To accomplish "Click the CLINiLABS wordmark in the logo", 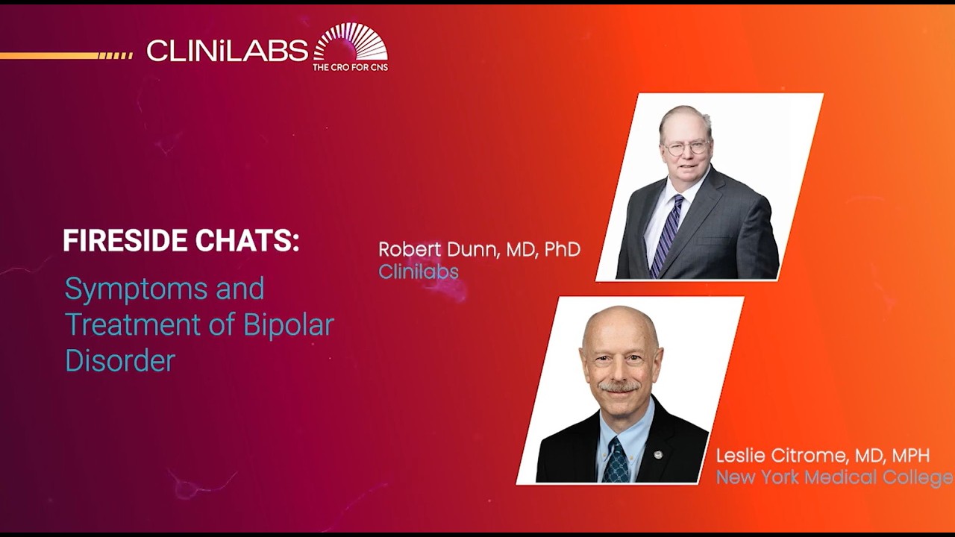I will click(227, 51).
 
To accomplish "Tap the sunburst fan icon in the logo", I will click(351, 43).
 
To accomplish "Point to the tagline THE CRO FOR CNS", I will click(350, 67).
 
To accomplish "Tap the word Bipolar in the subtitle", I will click(288, 325).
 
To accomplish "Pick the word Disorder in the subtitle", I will click(120, 361).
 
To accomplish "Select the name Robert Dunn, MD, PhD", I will click(479, 249).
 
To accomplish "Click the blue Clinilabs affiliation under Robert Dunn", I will click(418, 271).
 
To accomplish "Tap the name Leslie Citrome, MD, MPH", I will click(823, 456).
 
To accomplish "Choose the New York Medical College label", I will click(834, 477).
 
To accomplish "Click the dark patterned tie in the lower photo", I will click(616, 459).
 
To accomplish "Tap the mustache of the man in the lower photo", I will click(620, 386).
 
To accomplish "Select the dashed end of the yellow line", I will click(116, 55).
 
